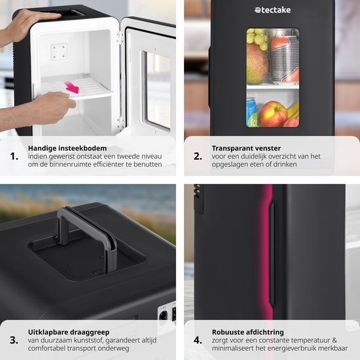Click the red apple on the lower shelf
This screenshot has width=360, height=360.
(272, 114)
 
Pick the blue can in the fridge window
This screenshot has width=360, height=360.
(252, 113)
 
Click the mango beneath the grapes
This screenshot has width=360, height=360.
(257, 64)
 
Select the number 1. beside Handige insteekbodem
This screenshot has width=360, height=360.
(14, 157)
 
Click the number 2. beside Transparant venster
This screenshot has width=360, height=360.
(197, 157)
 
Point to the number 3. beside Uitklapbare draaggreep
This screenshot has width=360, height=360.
(14, 340)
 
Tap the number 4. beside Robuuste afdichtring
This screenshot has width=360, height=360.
(197, 340)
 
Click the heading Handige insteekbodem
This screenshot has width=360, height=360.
(67, 148)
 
